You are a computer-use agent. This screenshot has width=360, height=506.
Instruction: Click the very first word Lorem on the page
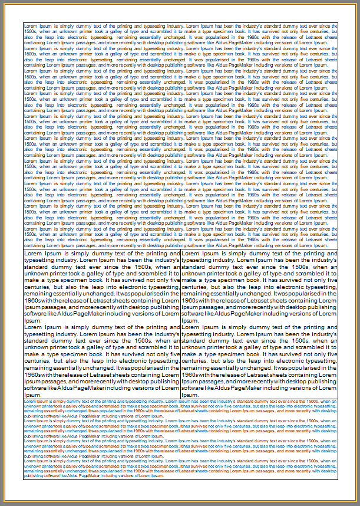click(29, 26)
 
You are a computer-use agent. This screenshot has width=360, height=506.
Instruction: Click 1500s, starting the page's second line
click(29, 31)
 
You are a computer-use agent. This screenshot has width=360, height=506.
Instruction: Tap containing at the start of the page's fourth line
click(34, 42)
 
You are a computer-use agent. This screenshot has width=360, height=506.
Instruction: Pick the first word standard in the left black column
click(38, 267)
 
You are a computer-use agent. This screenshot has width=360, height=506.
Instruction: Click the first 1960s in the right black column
click(192, 300)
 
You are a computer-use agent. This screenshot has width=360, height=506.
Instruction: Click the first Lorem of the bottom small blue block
click(29, 401)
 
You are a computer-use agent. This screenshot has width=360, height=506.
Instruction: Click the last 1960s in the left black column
click(35, 374)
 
